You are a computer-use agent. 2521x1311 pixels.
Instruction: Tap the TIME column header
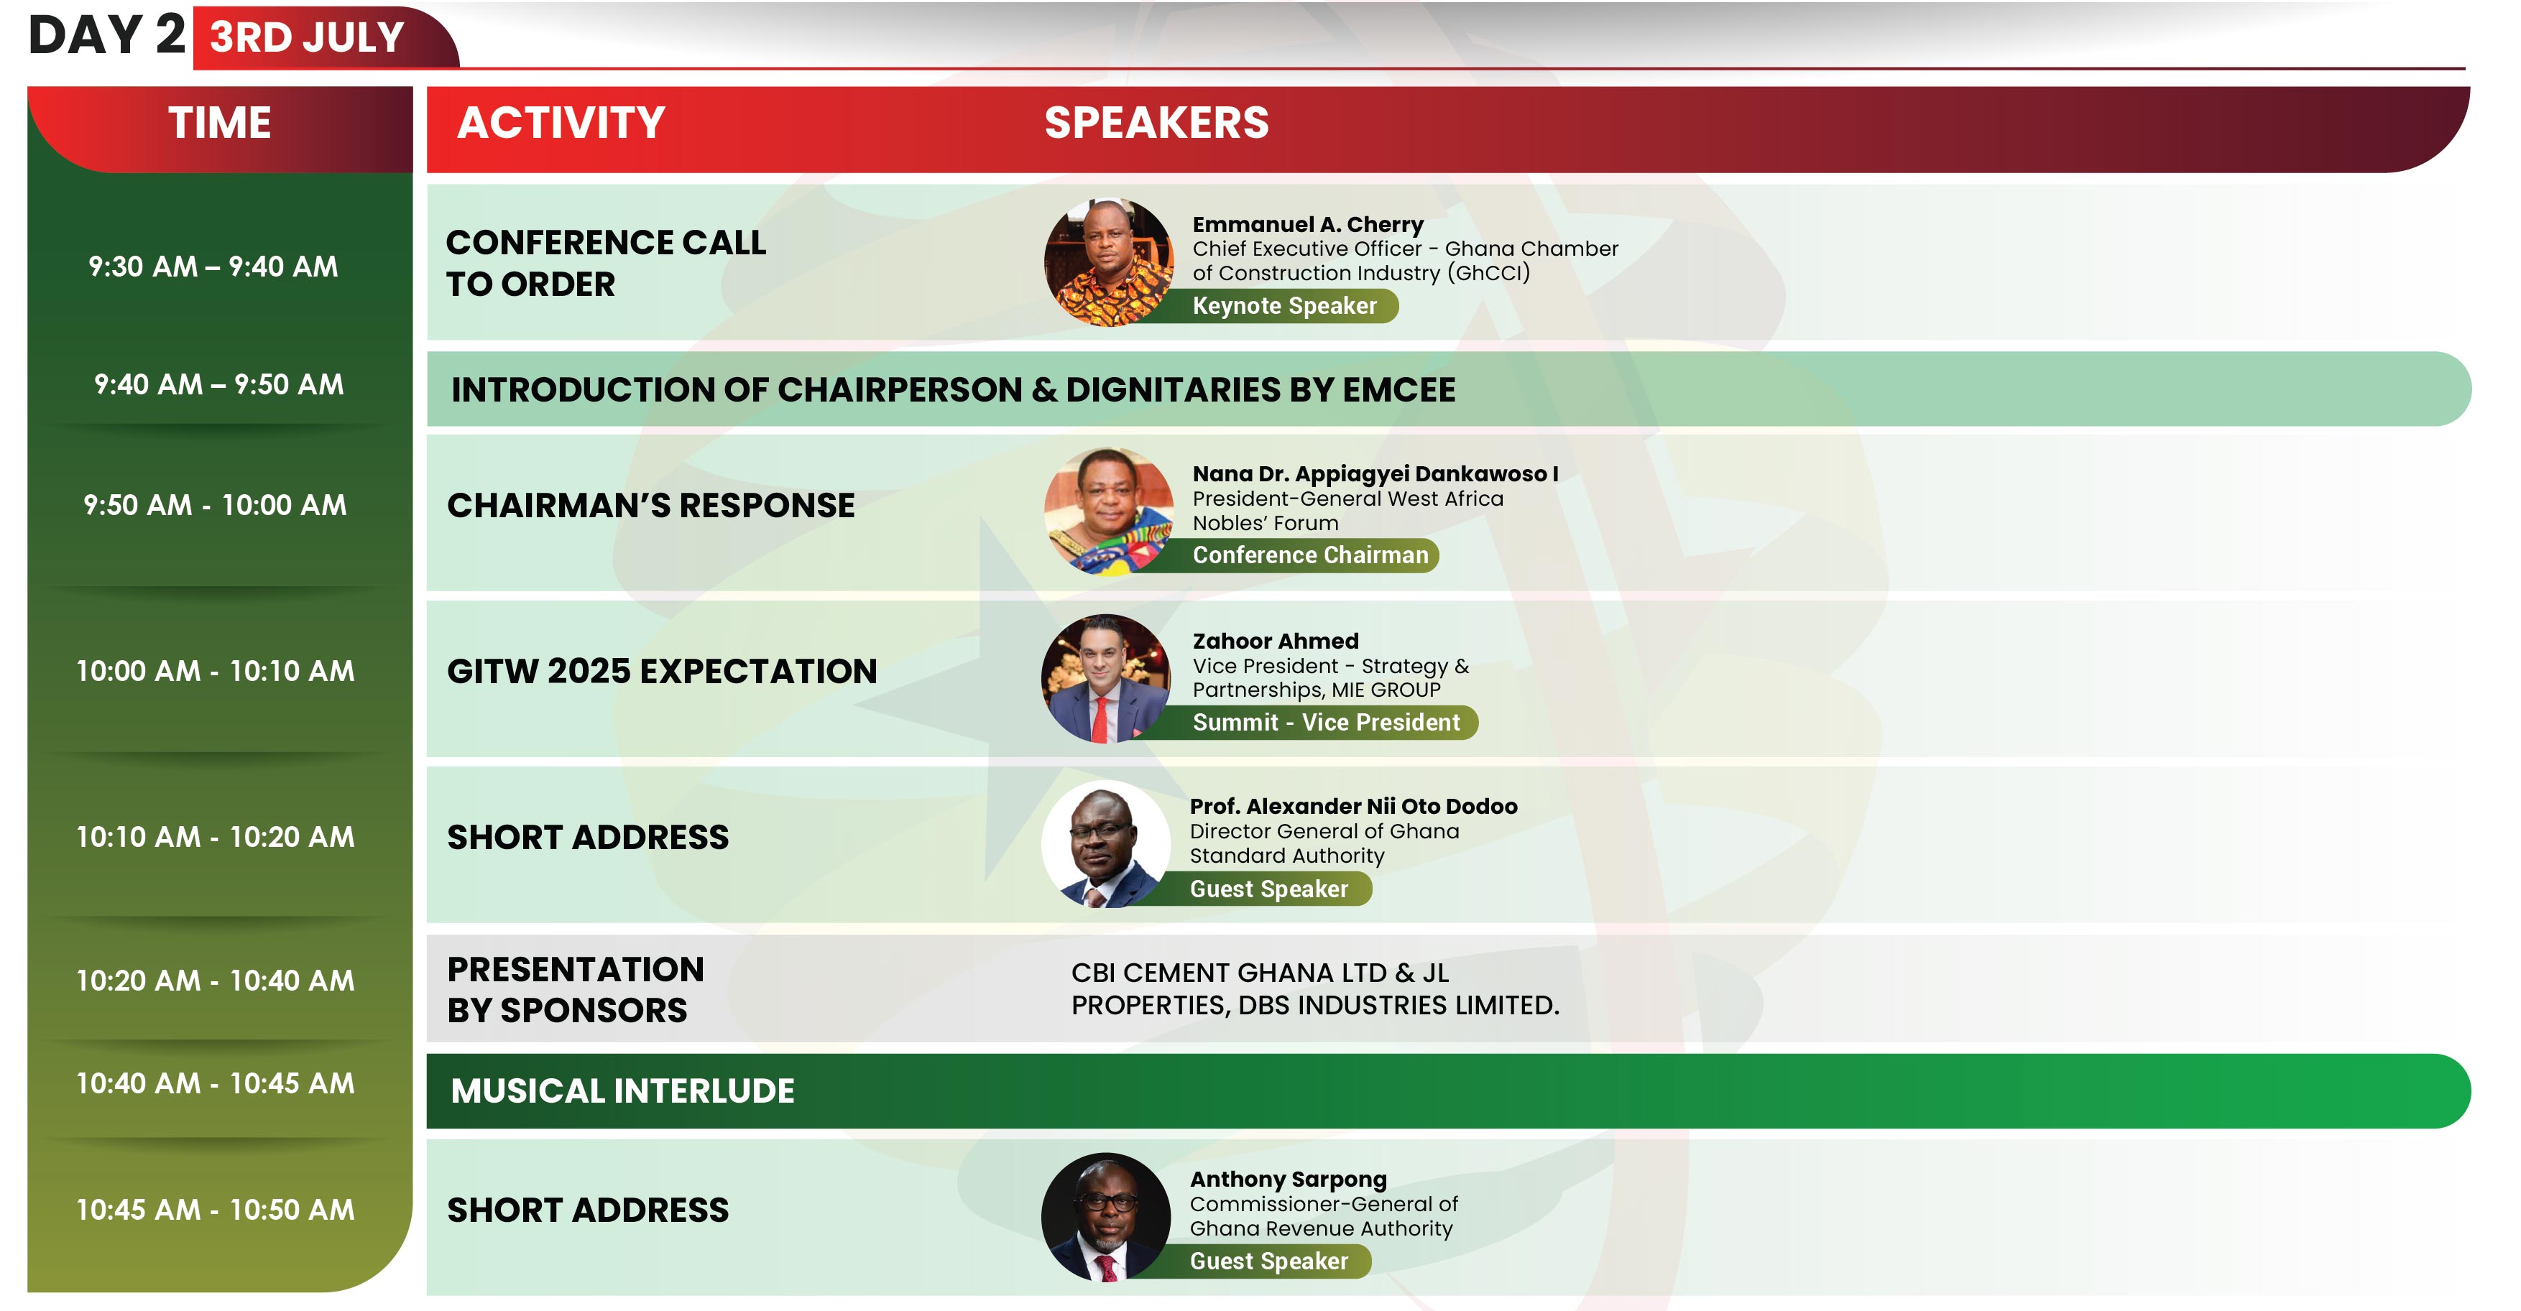[219, 124]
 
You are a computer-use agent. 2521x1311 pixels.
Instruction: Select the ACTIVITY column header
[561, 124]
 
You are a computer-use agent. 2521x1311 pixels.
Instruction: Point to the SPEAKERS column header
[1156, 124]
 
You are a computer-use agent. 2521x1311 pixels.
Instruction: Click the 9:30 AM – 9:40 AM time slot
[213, 266]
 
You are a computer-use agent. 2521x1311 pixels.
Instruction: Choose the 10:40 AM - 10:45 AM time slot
[216, 1083]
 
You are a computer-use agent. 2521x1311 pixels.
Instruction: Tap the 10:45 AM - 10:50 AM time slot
[216, 1209]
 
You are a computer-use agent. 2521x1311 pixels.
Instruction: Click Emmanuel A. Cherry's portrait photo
[1108, 262]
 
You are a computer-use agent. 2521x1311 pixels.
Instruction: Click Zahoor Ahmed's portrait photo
[1106, 679]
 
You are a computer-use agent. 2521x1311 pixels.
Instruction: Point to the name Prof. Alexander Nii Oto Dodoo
[1353, 806]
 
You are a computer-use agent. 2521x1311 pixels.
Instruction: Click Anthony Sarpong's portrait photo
[1106, 1217]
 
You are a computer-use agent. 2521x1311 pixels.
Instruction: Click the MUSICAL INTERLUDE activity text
[622, 1091]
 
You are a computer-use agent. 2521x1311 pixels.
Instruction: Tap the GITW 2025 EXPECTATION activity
[662, 671]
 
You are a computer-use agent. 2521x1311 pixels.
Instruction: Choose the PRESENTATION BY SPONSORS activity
[576, 989]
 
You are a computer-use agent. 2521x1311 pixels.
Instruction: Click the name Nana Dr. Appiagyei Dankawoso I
[1375, 473]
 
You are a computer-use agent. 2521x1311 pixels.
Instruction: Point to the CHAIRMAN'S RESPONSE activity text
[651, 505]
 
